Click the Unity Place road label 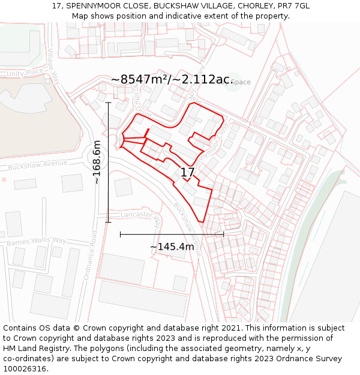[25, 73]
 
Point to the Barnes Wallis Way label [36, 241]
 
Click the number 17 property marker [188, 173]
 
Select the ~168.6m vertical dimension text [97, 162]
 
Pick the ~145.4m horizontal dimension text [172, 247]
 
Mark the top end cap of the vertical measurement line [108, 103]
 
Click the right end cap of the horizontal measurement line [224, 234]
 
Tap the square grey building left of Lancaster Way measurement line [123, 187]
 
